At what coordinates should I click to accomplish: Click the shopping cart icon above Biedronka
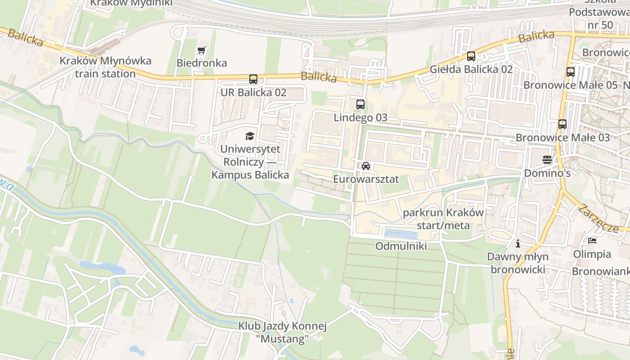[201, 50]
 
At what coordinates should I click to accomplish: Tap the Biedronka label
[202, 63]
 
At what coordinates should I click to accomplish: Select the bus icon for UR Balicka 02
[253, 79]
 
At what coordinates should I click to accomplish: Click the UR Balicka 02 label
[253, 93]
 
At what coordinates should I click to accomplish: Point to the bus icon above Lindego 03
[360, 104]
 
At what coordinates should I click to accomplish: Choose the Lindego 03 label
[360, 118]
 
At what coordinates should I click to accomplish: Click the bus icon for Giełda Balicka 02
[471, 56]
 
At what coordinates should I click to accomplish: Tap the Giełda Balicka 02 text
[471, 69]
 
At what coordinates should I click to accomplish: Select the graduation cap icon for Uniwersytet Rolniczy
[250, 136]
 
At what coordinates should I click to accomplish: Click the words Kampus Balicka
[250, 175]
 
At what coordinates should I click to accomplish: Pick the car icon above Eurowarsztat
[366, 166]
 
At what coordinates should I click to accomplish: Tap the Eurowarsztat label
[366, 179]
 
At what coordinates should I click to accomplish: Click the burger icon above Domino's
[547, 160]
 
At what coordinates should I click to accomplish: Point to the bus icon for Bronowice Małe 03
[562, 124]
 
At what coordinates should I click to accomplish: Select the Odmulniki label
[401, 246]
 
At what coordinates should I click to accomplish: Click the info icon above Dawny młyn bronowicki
[518, 244]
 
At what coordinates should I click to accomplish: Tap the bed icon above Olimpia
[592, 241]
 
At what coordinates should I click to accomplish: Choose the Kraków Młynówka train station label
[106, 67]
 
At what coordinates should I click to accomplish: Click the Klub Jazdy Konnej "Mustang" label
[282, 332]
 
